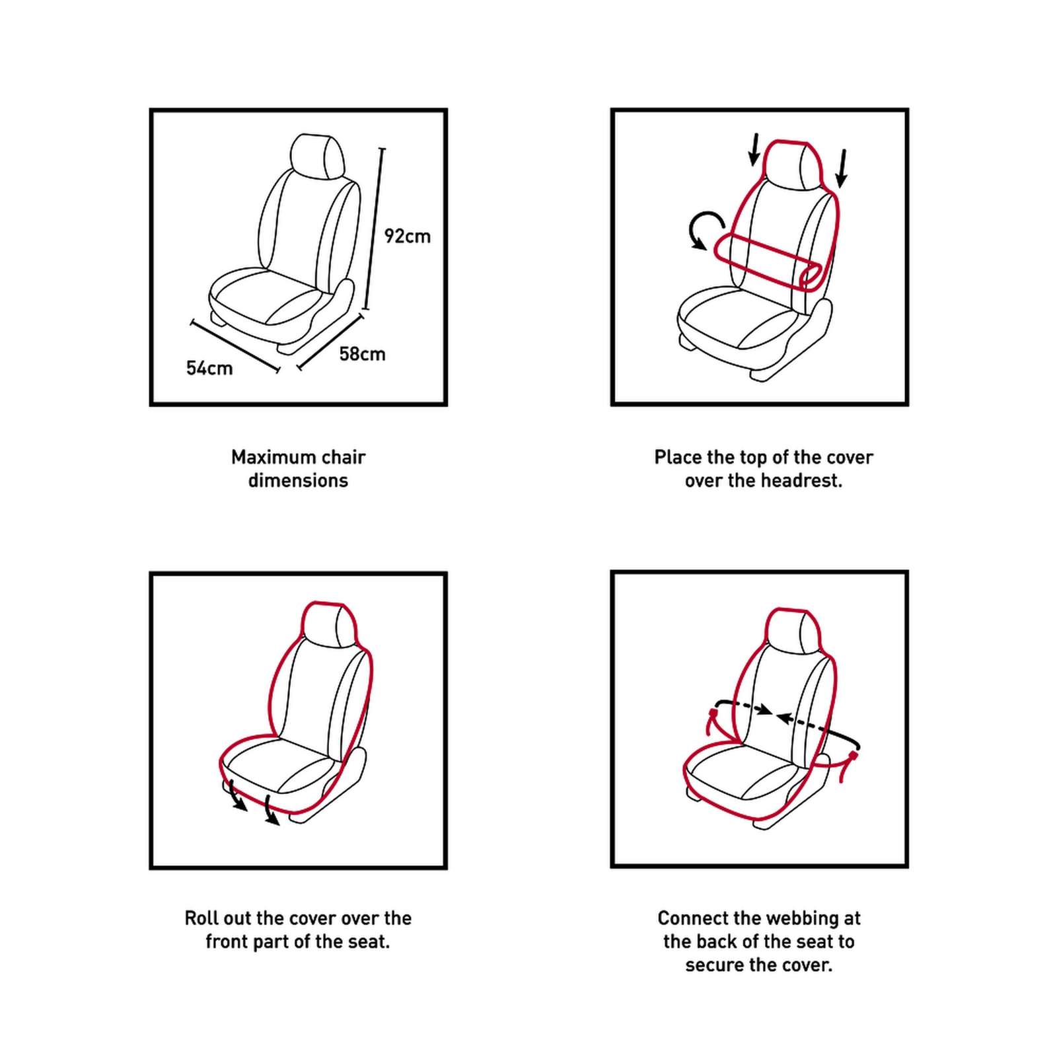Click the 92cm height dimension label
tap(407, 236)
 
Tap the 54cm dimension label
tap(209, 368)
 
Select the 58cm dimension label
tap(362, 354)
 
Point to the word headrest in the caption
tap(803, 480)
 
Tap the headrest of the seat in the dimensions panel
tap(318, 157)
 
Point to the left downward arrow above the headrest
tap(754, 149)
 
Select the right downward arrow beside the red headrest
tap(842, 168)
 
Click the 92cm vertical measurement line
tap(374, 229)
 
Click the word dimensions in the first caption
tap(298, 480)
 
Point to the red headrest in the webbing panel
tap(792, 630)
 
